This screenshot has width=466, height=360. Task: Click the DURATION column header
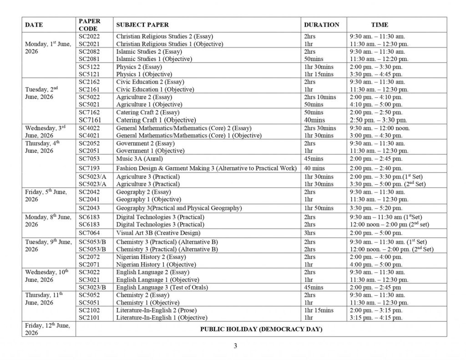pos(321,25)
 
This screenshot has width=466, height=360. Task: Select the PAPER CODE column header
pos(90,25)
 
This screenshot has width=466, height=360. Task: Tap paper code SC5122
pos(89,66)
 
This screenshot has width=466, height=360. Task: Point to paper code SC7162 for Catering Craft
pos(89,112)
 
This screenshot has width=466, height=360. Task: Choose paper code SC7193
pos(89,168)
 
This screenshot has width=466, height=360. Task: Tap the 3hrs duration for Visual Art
pos(309,233)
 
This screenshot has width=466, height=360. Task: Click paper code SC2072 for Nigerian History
pos(89,257)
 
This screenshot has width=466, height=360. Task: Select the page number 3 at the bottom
pos(235,345)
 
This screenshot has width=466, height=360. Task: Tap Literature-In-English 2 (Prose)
pos(156,310)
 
